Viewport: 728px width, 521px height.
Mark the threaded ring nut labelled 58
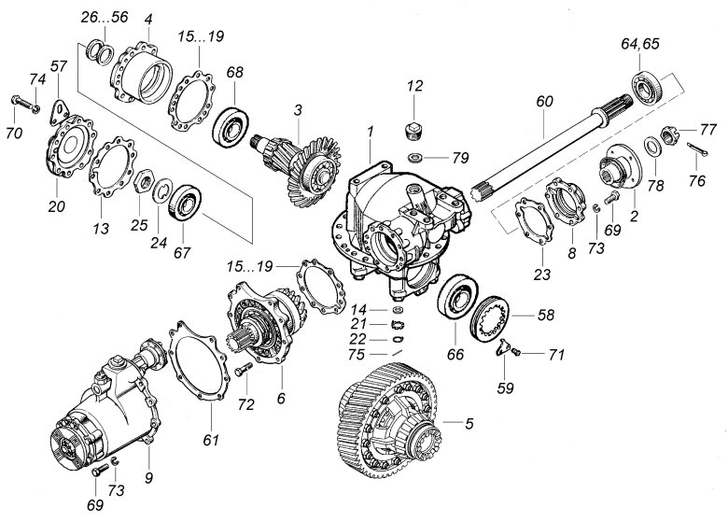[492, 317]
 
